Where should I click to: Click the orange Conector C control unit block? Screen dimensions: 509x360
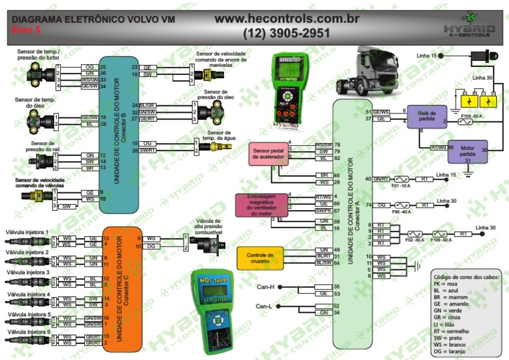tap(123, 290)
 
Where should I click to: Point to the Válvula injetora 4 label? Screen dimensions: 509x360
tap(27, 293)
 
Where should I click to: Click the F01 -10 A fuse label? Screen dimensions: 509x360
tap(400, 187)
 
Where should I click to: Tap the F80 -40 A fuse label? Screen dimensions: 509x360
tap(400, 213)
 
